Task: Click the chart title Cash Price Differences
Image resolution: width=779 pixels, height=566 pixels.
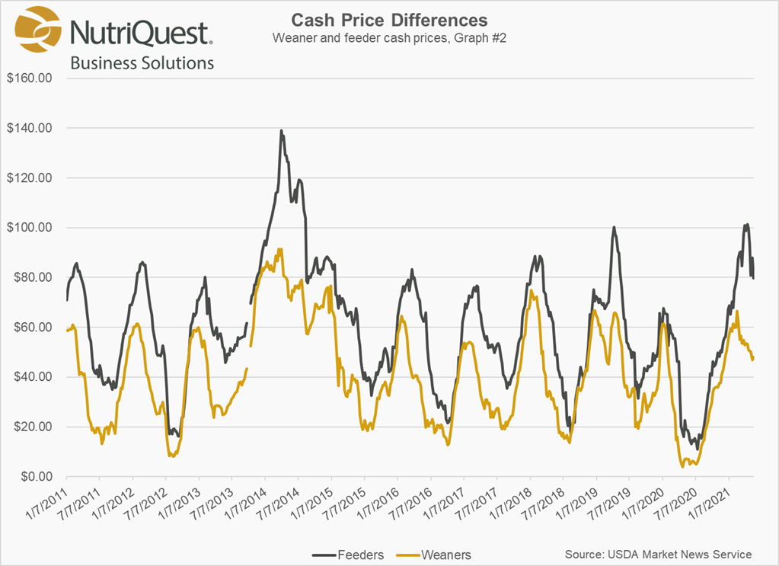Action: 389,20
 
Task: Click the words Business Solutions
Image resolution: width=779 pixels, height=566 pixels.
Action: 142,62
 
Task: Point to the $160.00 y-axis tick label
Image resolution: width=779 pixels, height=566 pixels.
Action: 28,78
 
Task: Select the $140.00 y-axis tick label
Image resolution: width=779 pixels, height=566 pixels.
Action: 28,128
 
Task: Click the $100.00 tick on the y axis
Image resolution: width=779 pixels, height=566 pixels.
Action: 28,228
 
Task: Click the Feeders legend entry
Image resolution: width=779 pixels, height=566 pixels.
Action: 350,554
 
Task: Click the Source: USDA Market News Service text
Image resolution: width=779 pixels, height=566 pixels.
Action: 658,554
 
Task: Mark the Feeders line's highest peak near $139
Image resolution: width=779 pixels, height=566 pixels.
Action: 281,130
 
